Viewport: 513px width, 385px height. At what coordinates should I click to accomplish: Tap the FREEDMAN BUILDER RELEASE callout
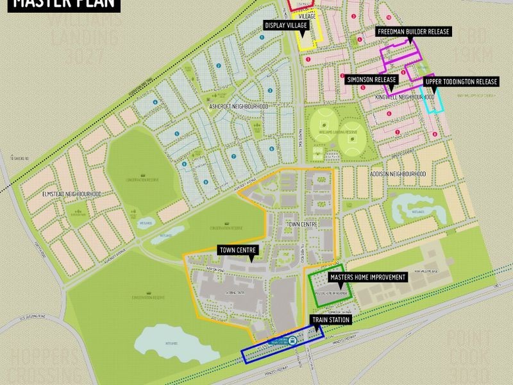414,31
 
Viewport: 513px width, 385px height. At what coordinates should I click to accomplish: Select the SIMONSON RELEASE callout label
372,80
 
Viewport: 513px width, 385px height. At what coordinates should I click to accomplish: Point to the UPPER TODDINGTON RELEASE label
462,81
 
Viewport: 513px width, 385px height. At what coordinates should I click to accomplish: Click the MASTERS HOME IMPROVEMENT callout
368,277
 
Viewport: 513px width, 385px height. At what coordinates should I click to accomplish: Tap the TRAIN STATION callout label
332,318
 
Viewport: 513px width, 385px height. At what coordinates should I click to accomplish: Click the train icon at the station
292,341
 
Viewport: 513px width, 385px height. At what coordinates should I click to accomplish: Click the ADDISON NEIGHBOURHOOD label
398,174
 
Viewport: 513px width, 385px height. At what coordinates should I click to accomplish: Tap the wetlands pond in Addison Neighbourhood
416,205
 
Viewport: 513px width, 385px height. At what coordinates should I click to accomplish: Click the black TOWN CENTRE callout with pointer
238,250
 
